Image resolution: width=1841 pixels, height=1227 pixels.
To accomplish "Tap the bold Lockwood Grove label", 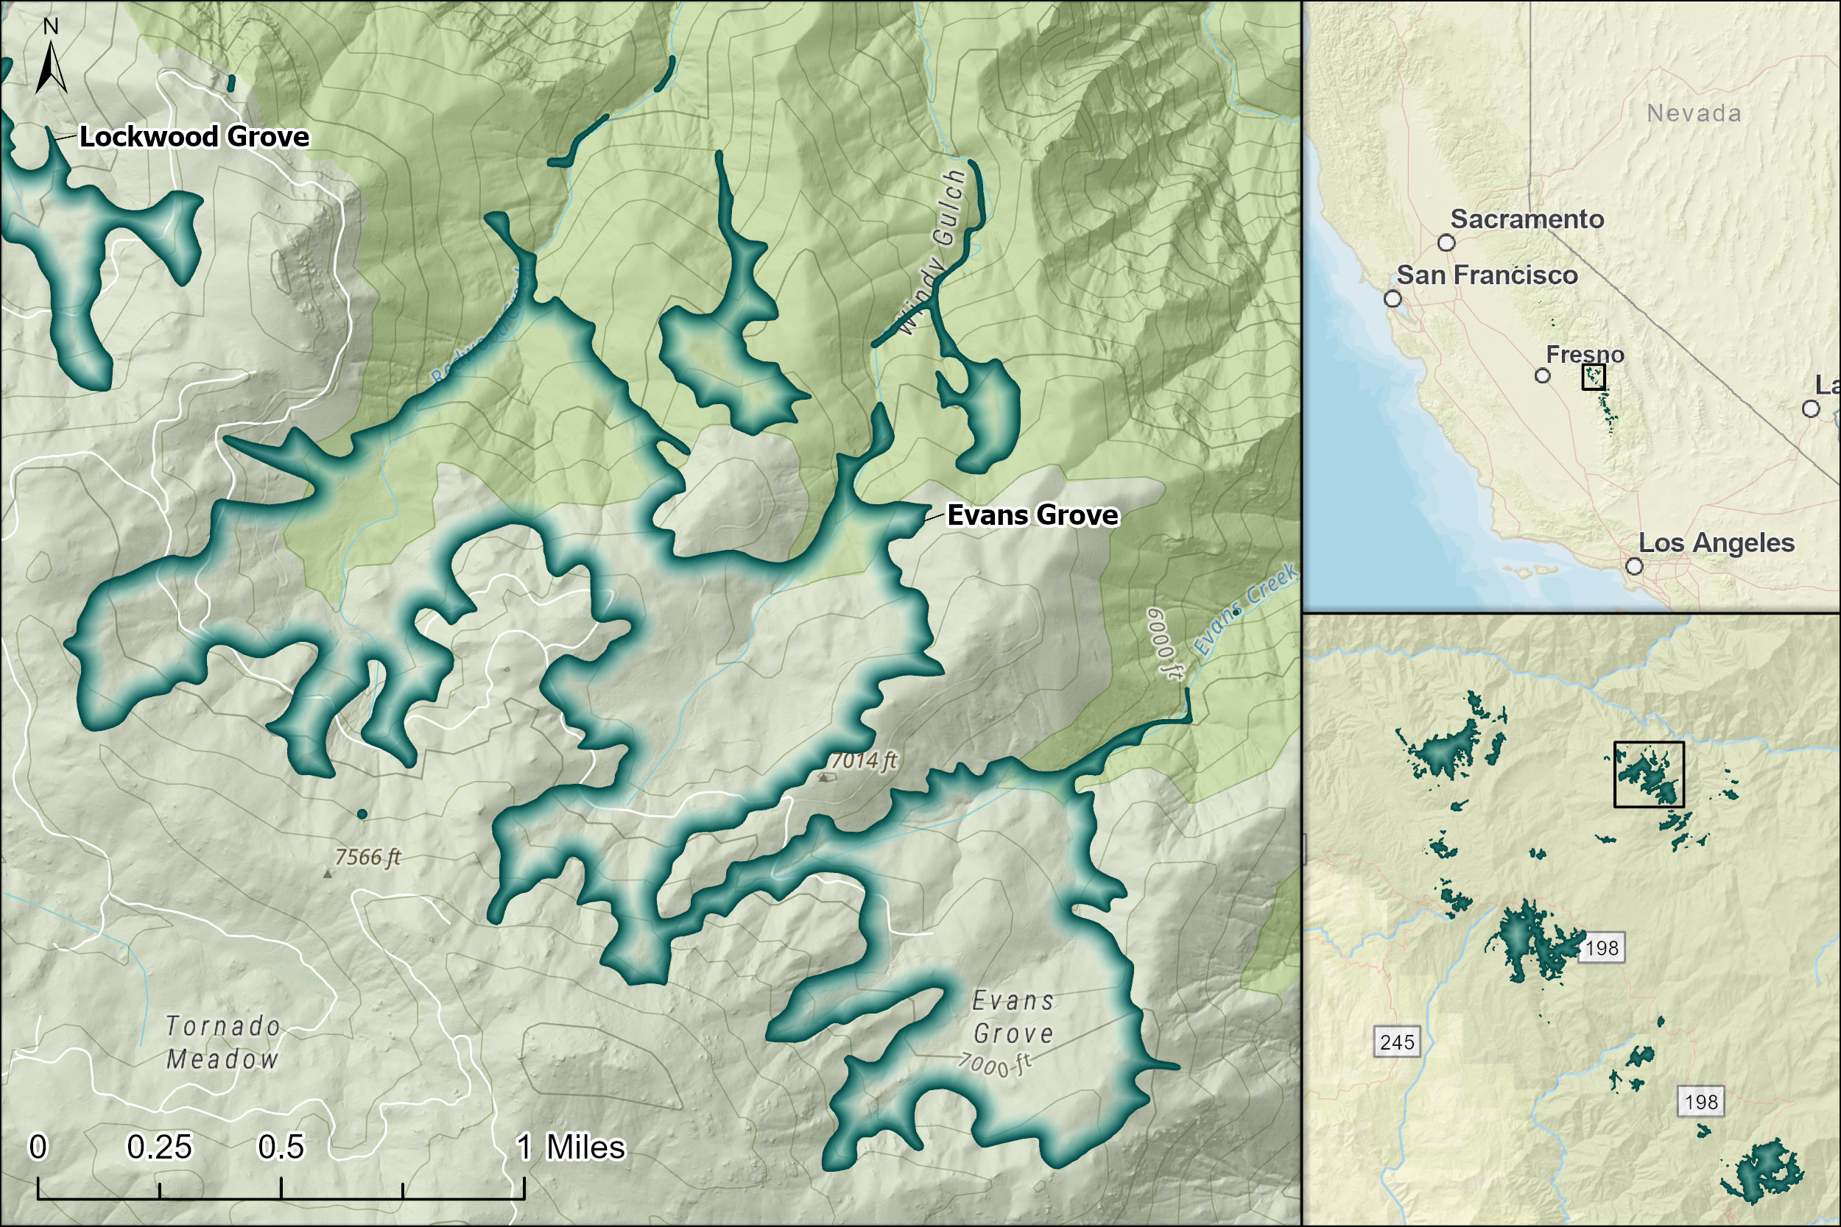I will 194,137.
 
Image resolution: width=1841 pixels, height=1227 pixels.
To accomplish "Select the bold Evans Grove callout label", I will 1032,515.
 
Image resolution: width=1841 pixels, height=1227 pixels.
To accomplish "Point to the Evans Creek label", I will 1245,610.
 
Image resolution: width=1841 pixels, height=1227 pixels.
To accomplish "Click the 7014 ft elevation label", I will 863,760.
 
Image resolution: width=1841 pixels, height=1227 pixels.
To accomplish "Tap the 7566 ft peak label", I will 367,857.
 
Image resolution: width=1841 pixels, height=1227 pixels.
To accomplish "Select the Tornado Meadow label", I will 223,1042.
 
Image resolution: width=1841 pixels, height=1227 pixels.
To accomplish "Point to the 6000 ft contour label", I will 1166,643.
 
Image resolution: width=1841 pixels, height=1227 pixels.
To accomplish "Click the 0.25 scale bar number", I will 159,1148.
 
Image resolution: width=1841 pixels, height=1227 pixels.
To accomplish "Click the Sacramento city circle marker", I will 1446,243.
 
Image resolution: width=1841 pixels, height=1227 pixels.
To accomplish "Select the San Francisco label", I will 1486,275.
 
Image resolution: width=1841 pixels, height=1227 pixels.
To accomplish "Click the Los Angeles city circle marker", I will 1634,566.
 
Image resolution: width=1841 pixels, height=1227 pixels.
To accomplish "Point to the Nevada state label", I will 1694,113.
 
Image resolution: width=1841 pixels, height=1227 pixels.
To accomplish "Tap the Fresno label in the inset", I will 1584,355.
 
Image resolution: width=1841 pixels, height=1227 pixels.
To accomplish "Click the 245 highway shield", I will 1397,1042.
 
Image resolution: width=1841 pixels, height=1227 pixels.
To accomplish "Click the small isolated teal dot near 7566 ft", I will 362,814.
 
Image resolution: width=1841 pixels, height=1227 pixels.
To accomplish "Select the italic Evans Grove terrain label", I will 1013,1016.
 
